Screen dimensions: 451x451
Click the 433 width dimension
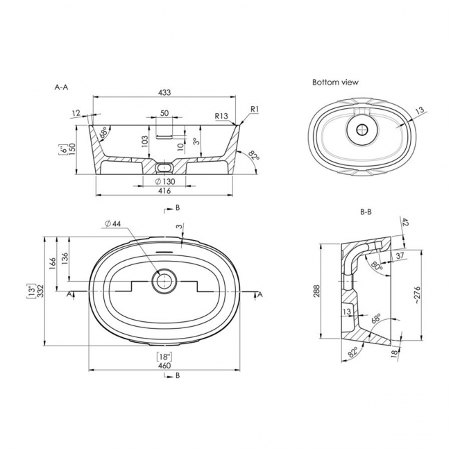click(164, 92)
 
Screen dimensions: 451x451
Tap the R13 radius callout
click(221, 116)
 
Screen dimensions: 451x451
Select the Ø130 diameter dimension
click(165, 182)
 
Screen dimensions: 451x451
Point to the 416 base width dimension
click(164, 191)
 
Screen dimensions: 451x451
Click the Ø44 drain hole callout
click(112, 224)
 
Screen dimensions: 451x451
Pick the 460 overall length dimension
click(164, 365)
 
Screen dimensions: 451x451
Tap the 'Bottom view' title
click(335, 83)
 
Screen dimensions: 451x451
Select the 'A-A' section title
click(61, 87)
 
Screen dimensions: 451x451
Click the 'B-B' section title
click(366, 212)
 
